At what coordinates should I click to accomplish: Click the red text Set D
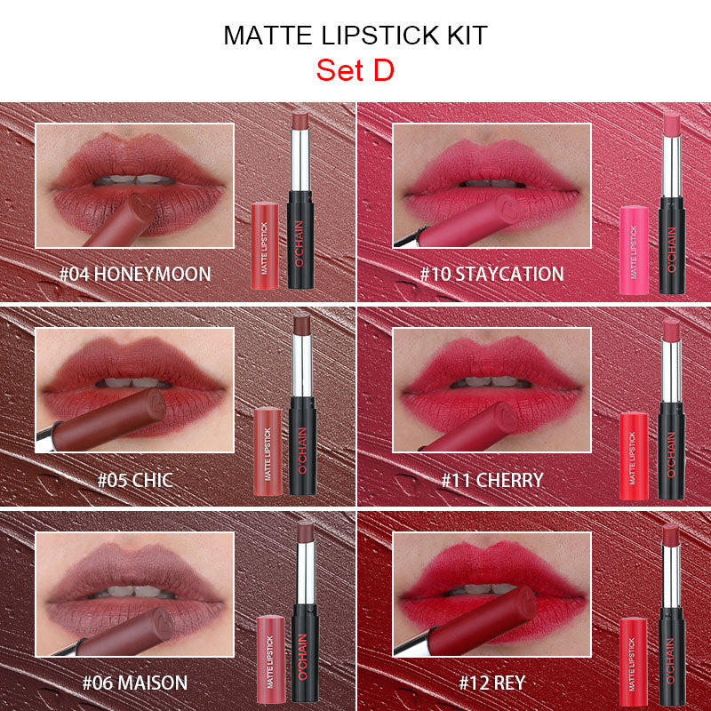click(355, 70)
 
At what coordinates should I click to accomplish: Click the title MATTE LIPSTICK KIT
click(355, 36)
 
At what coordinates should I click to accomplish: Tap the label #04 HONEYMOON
click(135, 273)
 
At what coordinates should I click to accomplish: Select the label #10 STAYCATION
click(492, 273)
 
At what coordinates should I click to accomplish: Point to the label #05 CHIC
click(135, 481)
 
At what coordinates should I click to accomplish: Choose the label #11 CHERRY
click(492, 481)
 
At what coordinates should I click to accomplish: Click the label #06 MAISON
click(135, 683)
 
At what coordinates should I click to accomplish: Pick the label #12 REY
click(492, 683)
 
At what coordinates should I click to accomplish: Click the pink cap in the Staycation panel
click(634, 249)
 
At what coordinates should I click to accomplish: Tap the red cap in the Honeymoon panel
click(266, 244)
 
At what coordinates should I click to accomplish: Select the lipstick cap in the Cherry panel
click(634, 455)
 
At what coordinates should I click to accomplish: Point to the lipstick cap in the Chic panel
click(268, 451)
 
